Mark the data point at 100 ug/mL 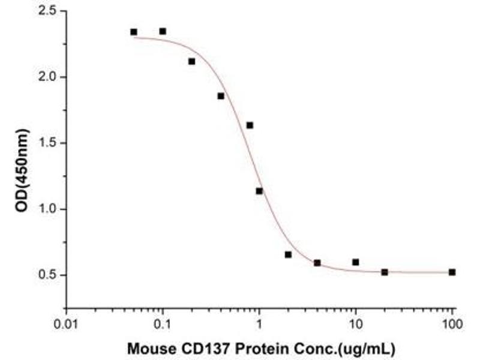(x=452, y=272)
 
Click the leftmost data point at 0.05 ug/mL (x=134, y=32)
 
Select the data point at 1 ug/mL (x=259, y=191)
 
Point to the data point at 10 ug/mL (x=356, y=262)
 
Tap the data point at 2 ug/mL (x=288, y=254)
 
